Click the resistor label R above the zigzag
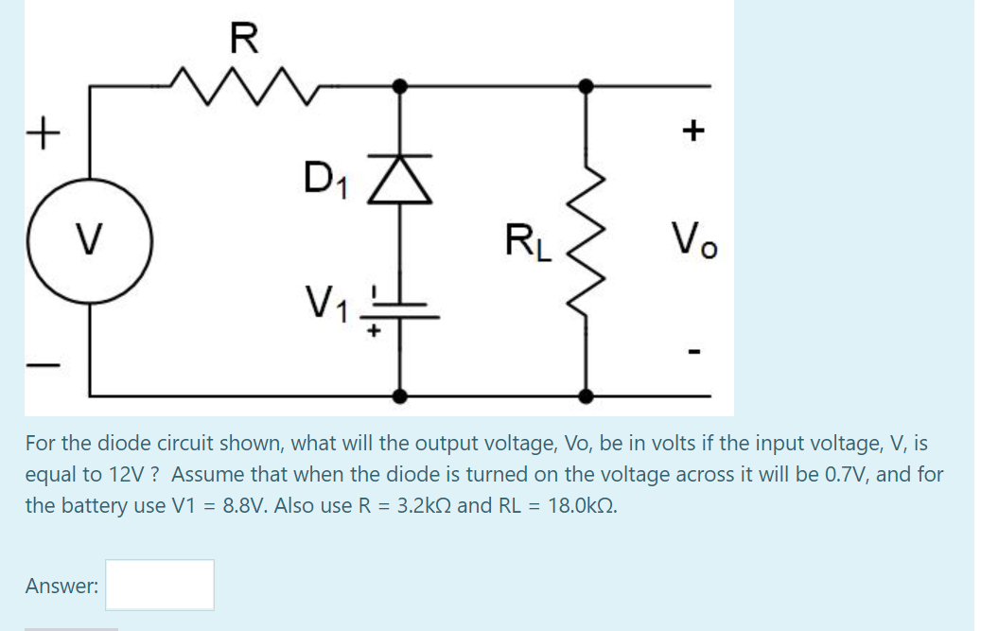(x=243, y=38)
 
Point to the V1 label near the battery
(x=327, y=304)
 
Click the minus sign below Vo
(x=694, y=355)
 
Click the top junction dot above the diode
(x=400, y=86)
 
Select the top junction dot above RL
(x=587, y=86)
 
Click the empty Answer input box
(x=159, y=585)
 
